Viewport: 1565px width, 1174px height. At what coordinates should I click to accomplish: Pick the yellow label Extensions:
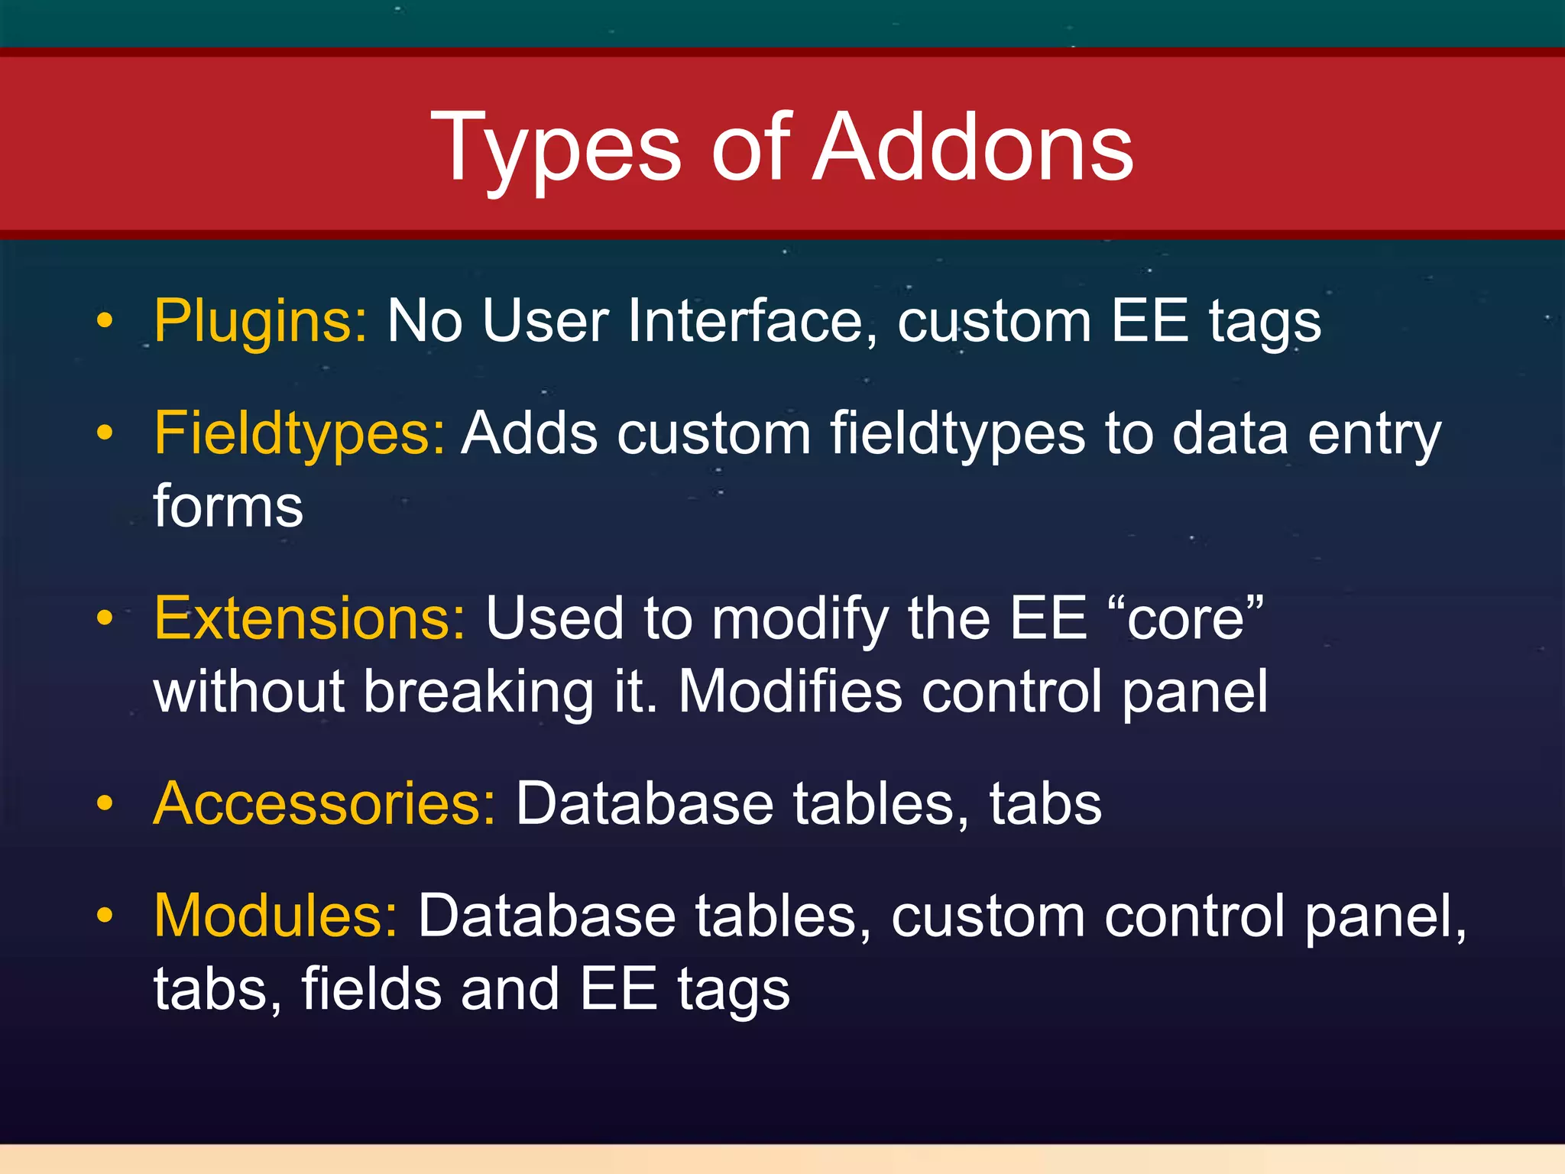click(309, 618)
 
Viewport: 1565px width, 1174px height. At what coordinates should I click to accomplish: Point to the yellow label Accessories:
click(325, 804)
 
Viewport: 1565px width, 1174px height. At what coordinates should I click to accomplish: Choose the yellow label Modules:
click(275, 916)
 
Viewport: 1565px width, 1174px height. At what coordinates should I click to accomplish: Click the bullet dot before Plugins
click(105, 322)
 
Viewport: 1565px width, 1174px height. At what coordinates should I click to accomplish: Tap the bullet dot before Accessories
click(105, 803)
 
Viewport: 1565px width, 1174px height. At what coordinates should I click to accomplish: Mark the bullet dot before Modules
click(105, 915)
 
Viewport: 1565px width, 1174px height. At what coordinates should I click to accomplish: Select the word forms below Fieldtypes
click(228, 507)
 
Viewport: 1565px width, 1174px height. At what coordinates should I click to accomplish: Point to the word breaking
click(478, 692)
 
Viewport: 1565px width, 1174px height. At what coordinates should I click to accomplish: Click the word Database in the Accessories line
click(645, 804)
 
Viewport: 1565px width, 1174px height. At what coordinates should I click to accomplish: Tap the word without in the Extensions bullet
click(249, 692)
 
